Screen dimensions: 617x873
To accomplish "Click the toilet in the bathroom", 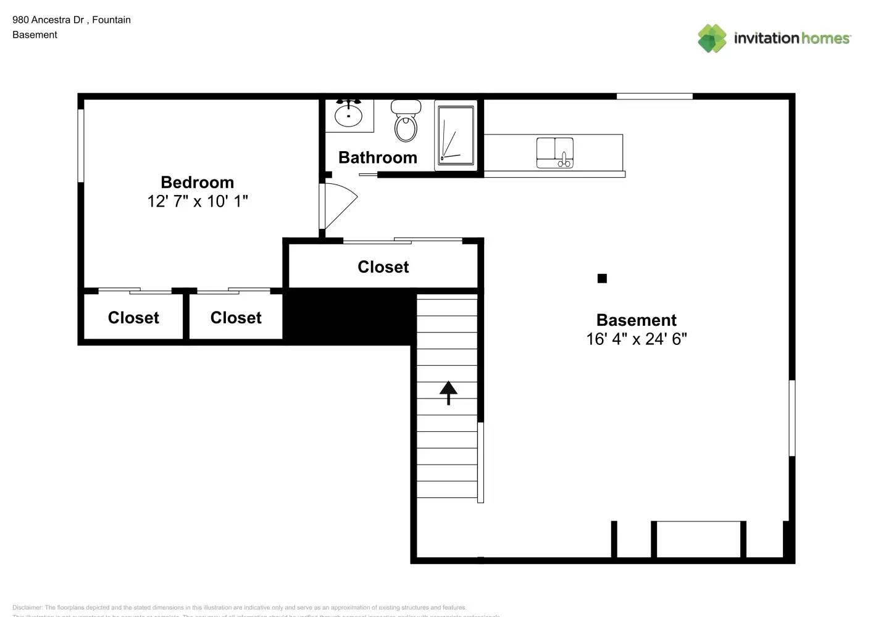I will (406, 122).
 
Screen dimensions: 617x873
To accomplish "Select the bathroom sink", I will (349, 115).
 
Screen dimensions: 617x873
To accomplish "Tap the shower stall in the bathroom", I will (456, 135).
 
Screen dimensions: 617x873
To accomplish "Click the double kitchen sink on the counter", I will (554, 152).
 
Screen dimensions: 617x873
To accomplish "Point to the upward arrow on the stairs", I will (448, 392).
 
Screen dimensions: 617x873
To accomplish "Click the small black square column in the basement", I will (602, 278).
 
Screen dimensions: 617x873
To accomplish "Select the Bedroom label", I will (197, 183).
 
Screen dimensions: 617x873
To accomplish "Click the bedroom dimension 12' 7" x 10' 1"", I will (197, 201).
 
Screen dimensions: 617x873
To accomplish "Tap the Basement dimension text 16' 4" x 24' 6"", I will (636, 339).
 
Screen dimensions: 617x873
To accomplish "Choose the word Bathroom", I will (377, 158).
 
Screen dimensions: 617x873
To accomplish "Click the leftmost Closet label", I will (133, 318).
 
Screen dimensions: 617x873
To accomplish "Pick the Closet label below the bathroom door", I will (383, 267).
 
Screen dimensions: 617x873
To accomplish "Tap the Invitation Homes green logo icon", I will (712, 38).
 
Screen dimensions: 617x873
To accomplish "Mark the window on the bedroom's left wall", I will (81, 146).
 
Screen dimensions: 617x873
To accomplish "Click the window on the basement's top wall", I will (654, 96).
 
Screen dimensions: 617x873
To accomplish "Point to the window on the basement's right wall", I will (792, 418).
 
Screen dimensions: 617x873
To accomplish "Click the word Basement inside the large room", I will (636, 320).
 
